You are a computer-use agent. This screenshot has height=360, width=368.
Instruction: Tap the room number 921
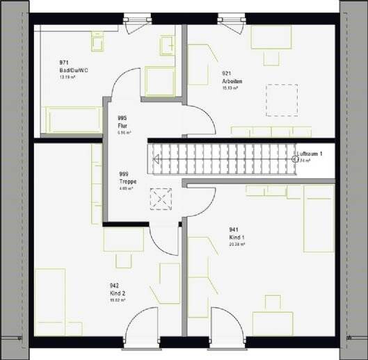pyautogui.click(x=227, y=72)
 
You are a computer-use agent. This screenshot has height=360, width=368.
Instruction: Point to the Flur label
pyautogui.click(x=122, y=125)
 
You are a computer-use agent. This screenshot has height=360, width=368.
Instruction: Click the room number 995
pyautogui.click(x=122, y=118)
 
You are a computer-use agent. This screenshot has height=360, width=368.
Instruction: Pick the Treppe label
pyautogui.click(x=127, y=181)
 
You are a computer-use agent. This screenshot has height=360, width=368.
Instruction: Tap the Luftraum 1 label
pyautogui.click(x=310, y=153)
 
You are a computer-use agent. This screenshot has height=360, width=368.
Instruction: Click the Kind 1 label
pyautogui.click(x=237, y=237)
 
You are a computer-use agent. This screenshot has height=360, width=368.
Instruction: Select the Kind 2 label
pyautogui.click(x=117, y=293)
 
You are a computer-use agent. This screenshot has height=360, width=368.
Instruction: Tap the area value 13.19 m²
pyautogui.click(x=67, y=78)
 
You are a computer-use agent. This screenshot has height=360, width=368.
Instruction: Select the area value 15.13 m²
pyautogui.click(x=230, y=88)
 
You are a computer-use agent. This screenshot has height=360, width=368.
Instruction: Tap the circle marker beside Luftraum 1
pyautogui.click(x=295, y=158)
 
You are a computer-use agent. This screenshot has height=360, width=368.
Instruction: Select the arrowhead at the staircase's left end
pyautogui.click(x=157, y=159)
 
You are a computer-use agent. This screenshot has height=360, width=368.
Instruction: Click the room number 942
pyautogui.click(x=113, y=285)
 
